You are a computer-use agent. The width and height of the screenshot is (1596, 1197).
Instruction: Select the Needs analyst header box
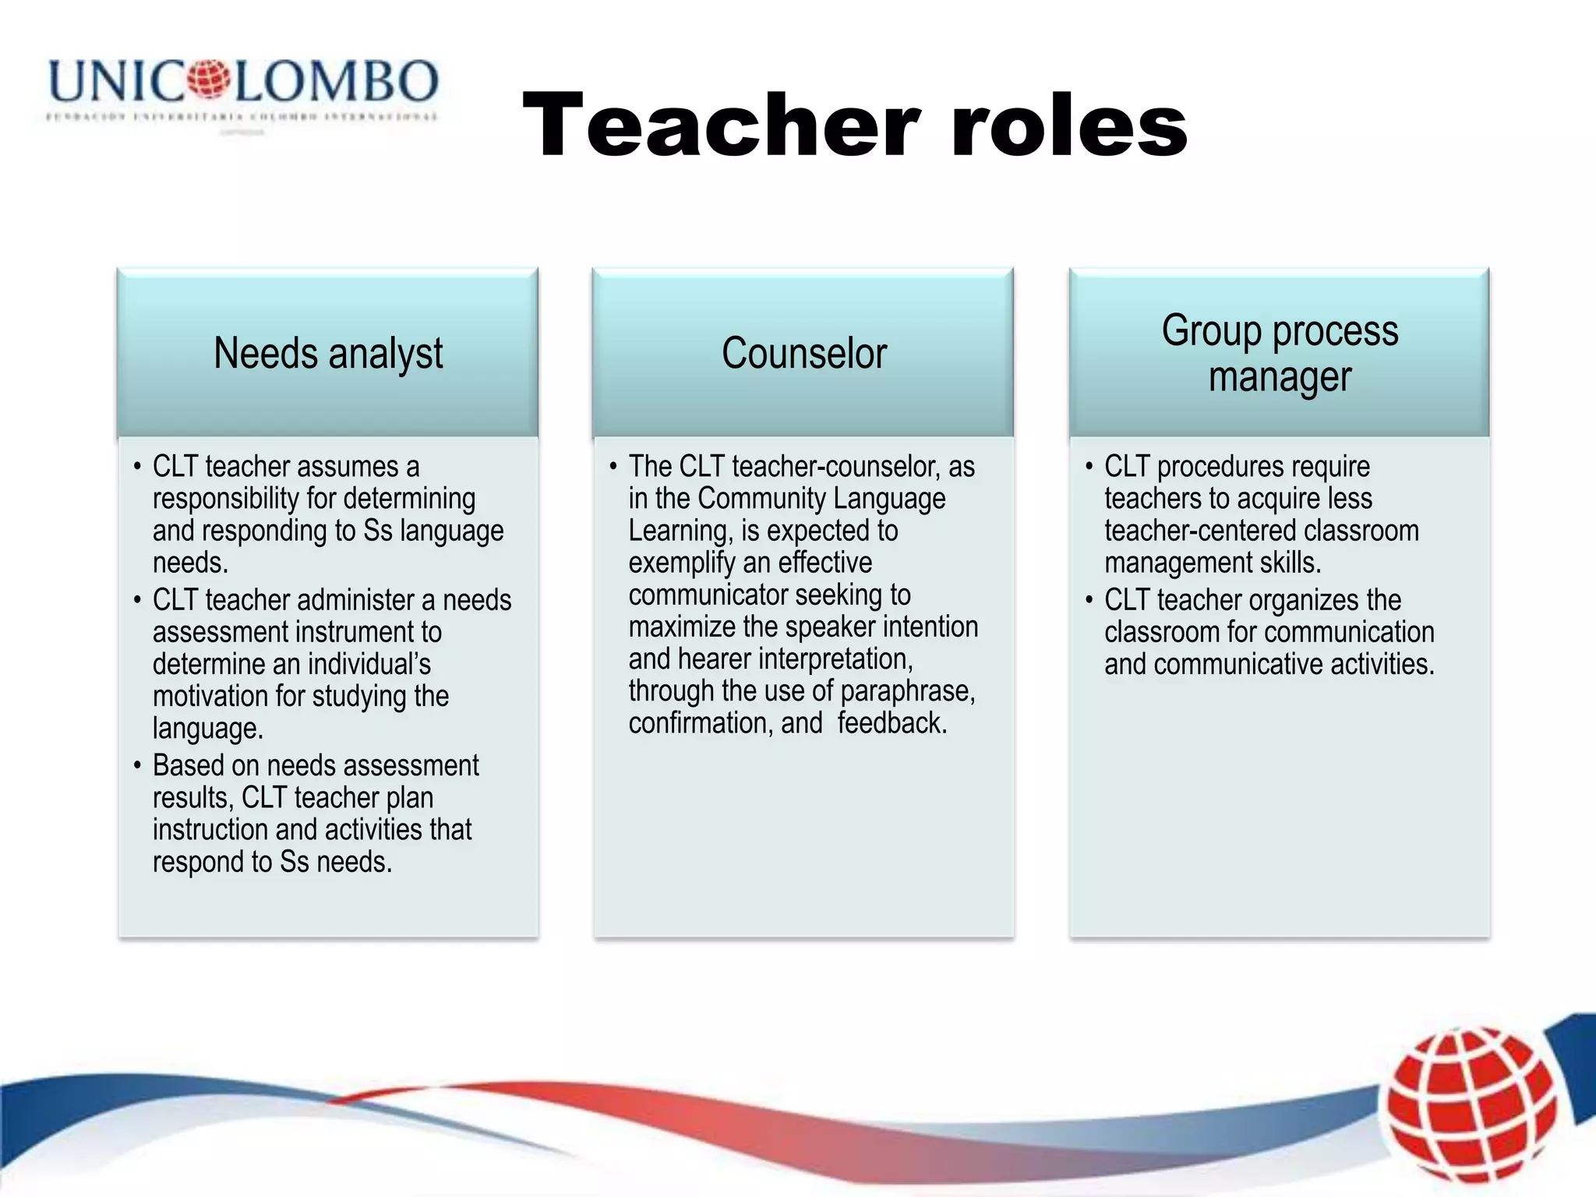pyautogui.click(x=327, y=353)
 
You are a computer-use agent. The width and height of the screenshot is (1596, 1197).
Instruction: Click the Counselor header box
pyautogui.click(x=803, y=353)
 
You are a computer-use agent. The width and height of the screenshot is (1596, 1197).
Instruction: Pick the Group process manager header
pyautogui.click(x=1280, y=353)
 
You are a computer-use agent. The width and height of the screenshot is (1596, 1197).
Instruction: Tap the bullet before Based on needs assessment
pyautogui.click(x=137, y=765)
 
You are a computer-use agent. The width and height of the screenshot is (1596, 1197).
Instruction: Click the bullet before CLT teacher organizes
pyautogui.click(x=1089, y=600)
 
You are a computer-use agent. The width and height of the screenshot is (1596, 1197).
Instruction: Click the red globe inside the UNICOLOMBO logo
pyautogui.click(x=208, y=79)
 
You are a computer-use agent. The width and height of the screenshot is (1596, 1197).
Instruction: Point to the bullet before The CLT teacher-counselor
pyautogui.click(x=613, y=467)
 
